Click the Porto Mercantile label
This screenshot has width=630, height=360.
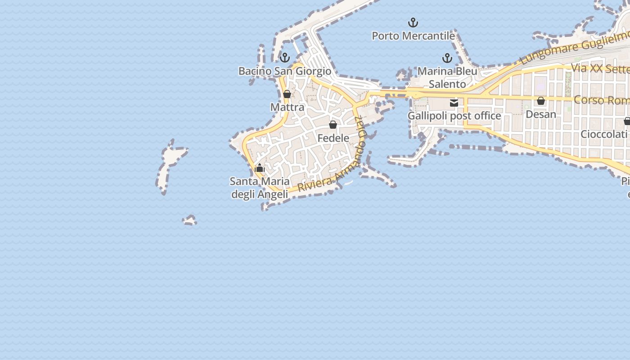413,36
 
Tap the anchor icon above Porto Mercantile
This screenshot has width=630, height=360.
413,22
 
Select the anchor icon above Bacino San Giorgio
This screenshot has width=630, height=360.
284,58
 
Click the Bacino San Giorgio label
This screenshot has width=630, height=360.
284,71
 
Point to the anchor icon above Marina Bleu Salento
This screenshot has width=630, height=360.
447,58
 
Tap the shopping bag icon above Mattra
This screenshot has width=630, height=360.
287,94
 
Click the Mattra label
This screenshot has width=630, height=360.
287,107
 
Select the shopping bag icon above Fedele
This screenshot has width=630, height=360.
333,125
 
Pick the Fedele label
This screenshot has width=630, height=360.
333,138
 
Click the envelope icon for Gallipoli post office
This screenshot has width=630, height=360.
454,103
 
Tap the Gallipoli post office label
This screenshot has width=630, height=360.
454,116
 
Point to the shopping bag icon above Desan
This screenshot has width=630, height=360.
541,101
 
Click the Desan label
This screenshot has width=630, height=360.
541,114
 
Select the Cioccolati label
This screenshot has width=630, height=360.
603,134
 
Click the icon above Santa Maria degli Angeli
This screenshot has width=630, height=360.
259,168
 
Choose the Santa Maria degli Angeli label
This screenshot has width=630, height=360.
260,188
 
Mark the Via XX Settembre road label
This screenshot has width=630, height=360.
600,68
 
